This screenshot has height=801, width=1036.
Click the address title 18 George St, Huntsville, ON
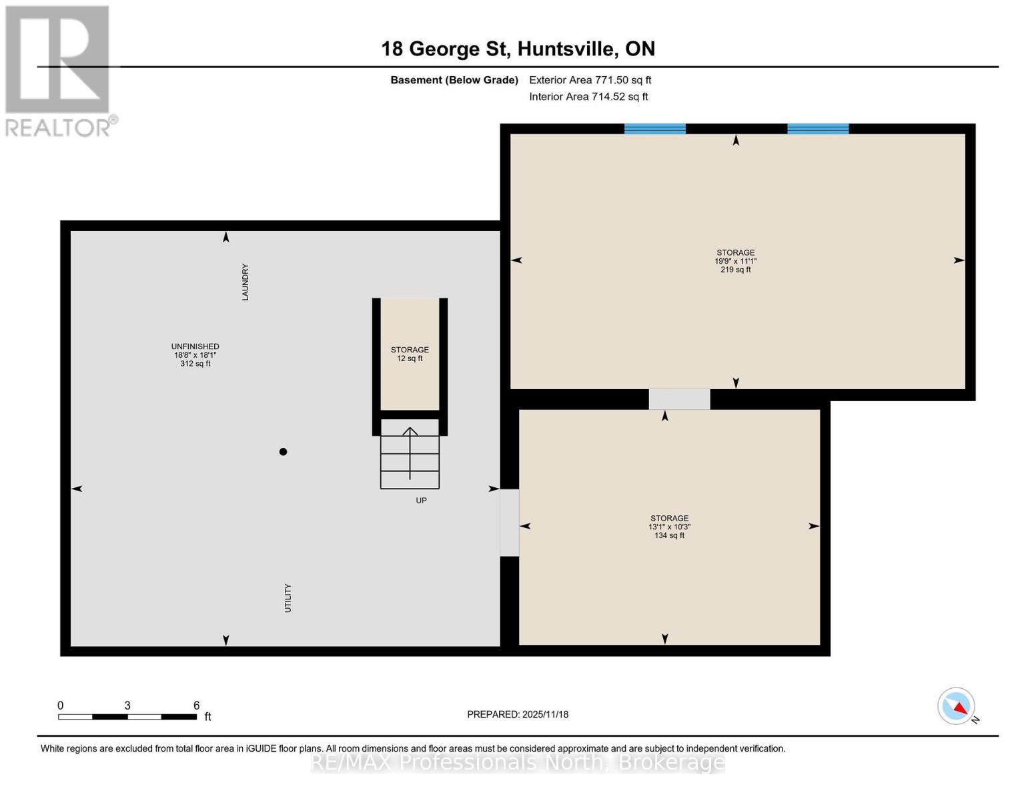coord(518,49)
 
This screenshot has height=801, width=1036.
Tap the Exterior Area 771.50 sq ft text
coord(590,80)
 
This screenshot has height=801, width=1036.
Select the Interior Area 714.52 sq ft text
coord(588,97)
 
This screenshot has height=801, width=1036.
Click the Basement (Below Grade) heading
coord(454,80)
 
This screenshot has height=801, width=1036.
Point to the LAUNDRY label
coord(245,282)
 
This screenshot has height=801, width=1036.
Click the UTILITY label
coord(288,597)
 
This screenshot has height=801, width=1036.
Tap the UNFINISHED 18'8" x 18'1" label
coord(195,355)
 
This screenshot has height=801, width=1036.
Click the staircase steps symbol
coord(410,454)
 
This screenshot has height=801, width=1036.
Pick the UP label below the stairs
coord(421,501)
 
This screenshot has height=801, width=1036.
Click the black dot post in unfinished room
coord(283,452)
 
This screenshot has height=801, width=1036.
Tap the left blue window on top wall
coord(654,129)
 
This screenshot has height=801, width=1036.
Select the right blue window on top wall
coord(818,129)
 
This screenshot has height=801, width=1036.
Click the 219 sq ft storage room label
coord(735,261)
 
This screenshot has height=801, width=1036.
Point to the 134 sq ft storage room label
coord(669,527)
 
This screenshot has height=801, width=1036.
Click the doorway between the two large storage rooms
coord(679,399)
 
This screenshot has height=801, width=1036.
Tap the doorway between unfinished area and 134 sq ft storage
coord(509,523)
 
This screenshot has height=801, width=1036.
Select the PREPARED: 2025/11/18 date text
coord(518,714)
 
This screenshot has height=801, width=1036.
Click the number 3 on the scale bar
coord(127,706)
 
